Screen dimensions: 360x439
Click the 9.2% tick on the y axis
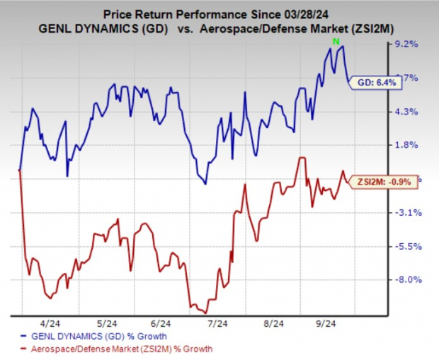coord(410,44)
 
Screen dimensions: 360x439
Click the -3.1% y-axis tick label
coord(410,212)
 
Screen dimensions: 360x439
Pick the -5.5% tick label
coord(410,246)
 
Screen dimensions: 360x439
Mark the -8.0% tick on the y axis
coord(410,279)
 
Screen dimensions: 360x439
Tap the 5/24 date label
coord(108,322)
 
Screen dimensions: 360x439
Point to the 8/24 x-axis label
coord(271,322)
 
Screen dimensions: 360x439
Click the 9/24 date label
coord(325,322)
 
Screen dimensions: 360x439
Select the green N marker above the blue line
coord(335,42)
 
